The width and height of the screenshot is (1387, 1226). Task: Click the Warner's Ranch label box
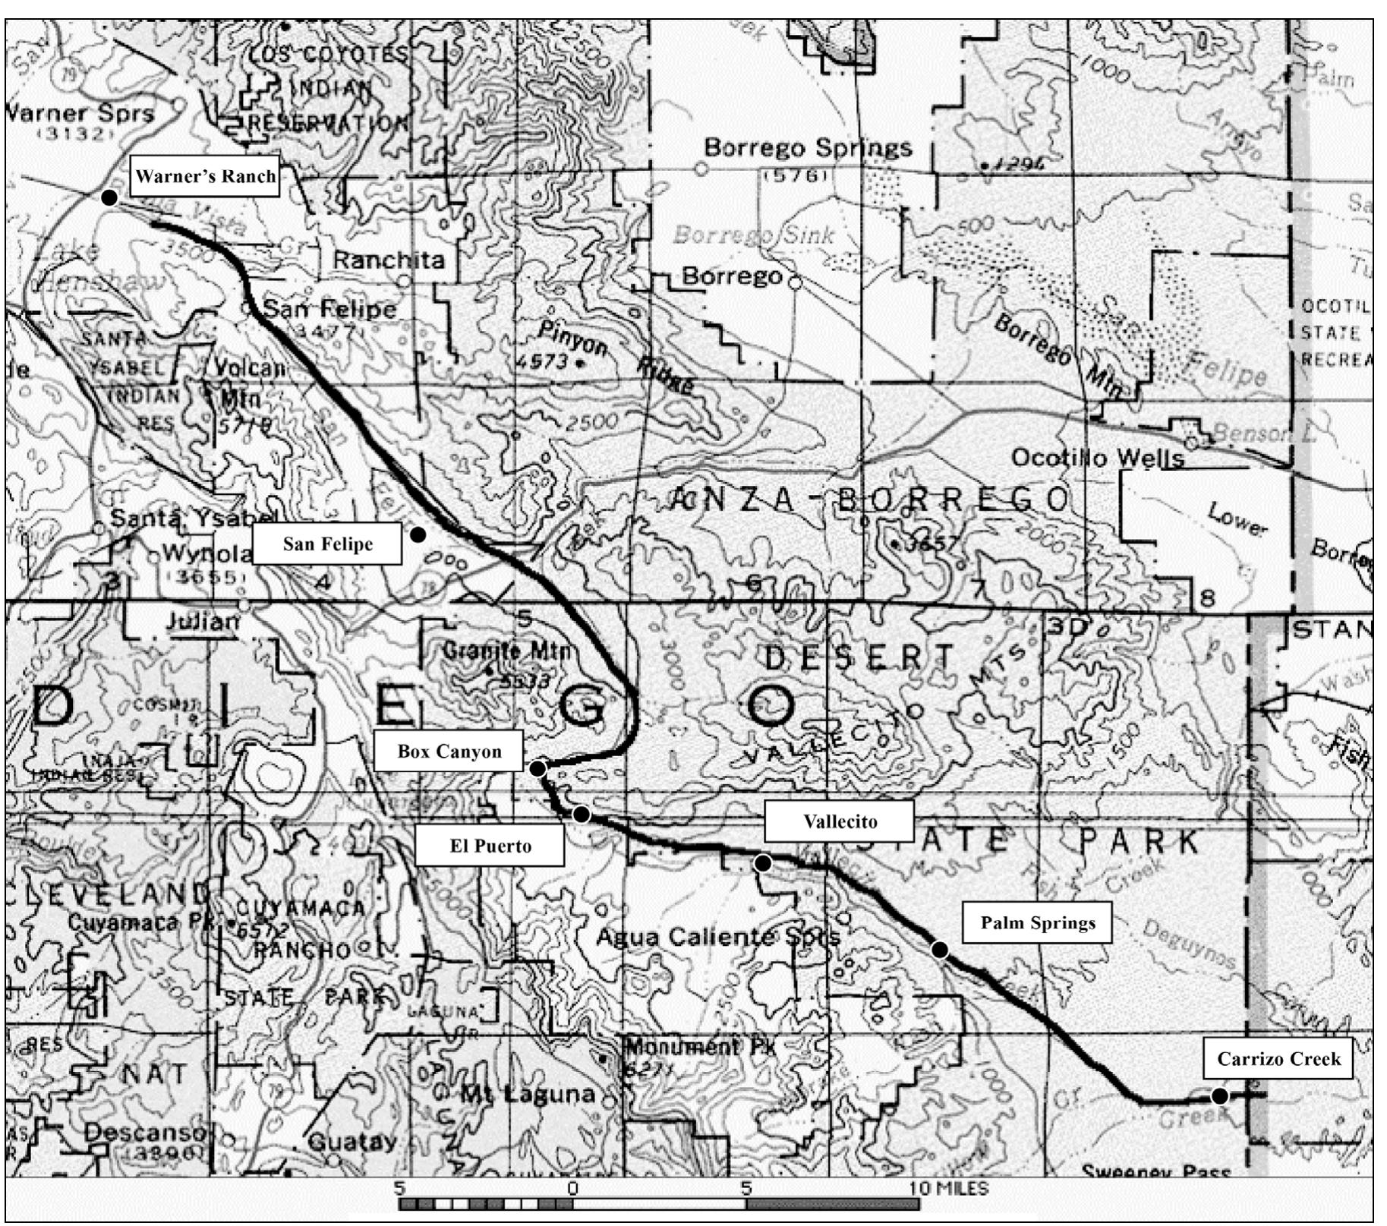pos(205,176)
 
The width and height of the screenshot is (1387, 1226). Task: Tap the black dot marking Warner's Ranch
pos(109,197)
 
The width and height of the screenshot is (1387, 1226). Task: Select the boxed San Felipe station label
pos(327,544)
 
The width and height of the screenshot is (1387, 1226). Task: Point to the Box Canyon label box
pos(449,752)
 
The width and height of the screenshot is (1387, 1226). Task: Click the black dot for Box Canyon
pos(537,768)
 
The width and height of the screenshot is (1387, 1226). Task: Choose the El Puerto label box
pos(490,846)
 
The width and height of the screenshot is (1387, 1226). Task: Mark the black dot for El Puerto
pos(582,815)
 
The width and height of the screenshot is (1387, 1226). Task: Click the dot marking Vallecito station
pos(764,863)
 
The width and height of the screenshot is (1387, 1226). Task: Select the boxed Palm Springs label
pos(1037,922)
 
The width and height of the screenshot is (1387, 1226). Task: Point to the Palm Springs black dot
pos(940,949)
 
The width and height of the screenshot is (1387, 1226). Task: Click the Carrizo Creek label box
pos(1278,1058)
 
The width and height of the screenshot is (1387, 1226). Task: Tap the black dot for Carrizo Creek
pos(1219,1096)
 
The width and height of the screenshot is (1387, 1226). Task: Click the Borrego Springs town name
pos(808,147)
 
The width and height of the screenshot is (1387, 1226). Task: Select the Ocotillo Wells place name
pos(1098,458)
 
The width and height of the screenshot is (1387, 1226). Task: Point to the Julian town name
pos(203,622)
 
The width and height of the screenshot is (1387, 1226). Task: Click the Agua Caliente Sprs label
pos(717,937)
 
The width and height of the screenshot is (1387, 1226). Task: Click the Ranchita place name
pos(389,260)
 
